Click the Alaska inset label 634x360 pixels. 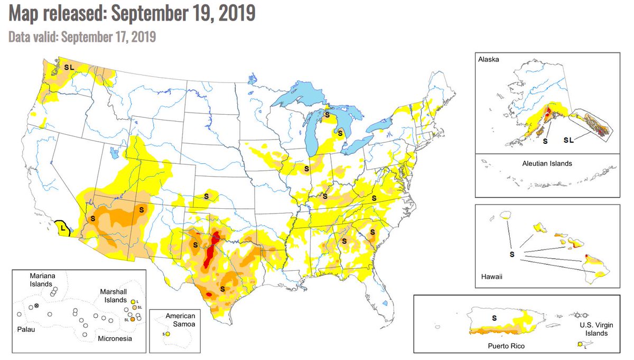coord(489,60)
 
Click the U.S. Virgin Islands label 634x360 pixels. coord(592,328)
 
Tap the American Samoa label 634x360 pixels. coord(180,320)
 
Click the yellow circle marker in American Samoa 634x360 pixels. coord(167,334)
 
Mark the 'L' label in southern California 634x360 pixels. coord(62,229)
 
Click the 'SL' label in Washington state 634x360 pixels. coord(69,67)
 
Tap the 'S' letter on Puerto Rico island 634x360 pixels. coord(495,318)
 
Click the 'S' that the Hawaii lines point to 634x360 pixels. coord(511,255)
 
